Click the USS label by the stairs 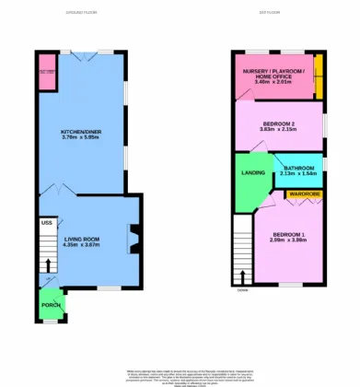pyautogui.click(x=46, y=222)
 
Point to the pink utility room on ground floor pyautogui.click(x=47, y=79)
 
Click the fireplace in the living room pyautogui.click(x=134, y=239)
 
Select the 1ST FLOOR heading pyautogui.click(x=270, y=13)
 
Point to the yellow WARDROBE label pyautogui.click(x=303, y=194)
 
